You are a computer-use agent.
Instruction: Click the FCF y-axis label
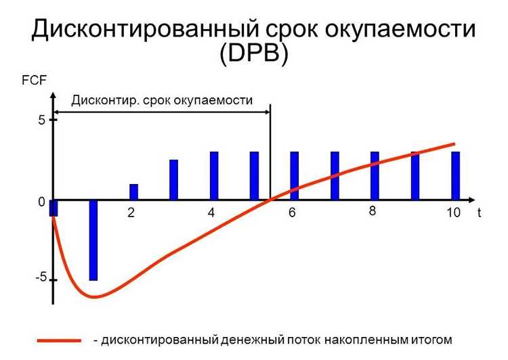coord(34,80)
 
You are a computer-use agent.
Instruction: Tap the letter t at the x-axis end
coord(479,212)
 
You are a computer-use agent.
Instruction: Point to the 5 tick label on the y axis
coord(42,120)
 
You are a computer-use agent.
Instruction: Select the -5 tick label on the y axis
coord(41,277)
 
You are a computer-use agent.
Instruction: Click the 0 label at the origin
coord(41,202)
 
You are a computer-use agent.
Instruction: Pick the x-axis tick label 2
coord(131,212)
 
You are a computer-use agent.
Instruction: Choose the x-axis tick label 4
coord(211,212)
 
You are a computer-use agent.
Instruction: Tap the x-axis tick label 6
coord(292,212)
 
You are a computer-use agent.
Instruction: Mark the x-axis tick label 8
coord(373,211)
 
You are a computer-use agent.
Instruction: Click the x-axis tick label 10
coord(453,212)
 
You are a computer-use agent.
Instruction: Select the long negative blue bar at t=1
coord(93,240)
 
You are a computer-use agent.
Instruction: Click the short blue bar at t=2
coord(134,192)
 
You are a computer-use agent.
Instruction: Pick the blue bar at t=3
coord(174,180)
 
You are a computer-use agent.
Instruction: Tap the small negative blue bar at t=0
coord(54,208)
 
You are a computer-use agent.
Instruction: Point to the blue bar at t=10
coord(456,176)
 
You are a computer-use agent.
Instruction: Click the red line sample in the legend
coord(59,340)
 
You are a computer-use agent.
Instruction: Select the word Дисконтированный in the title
coord(145,28)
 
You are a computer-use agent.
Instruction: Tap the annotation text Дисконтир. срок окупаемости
coord(162,100)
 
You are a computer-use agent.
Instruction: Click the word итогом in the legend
coord(431,340)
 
